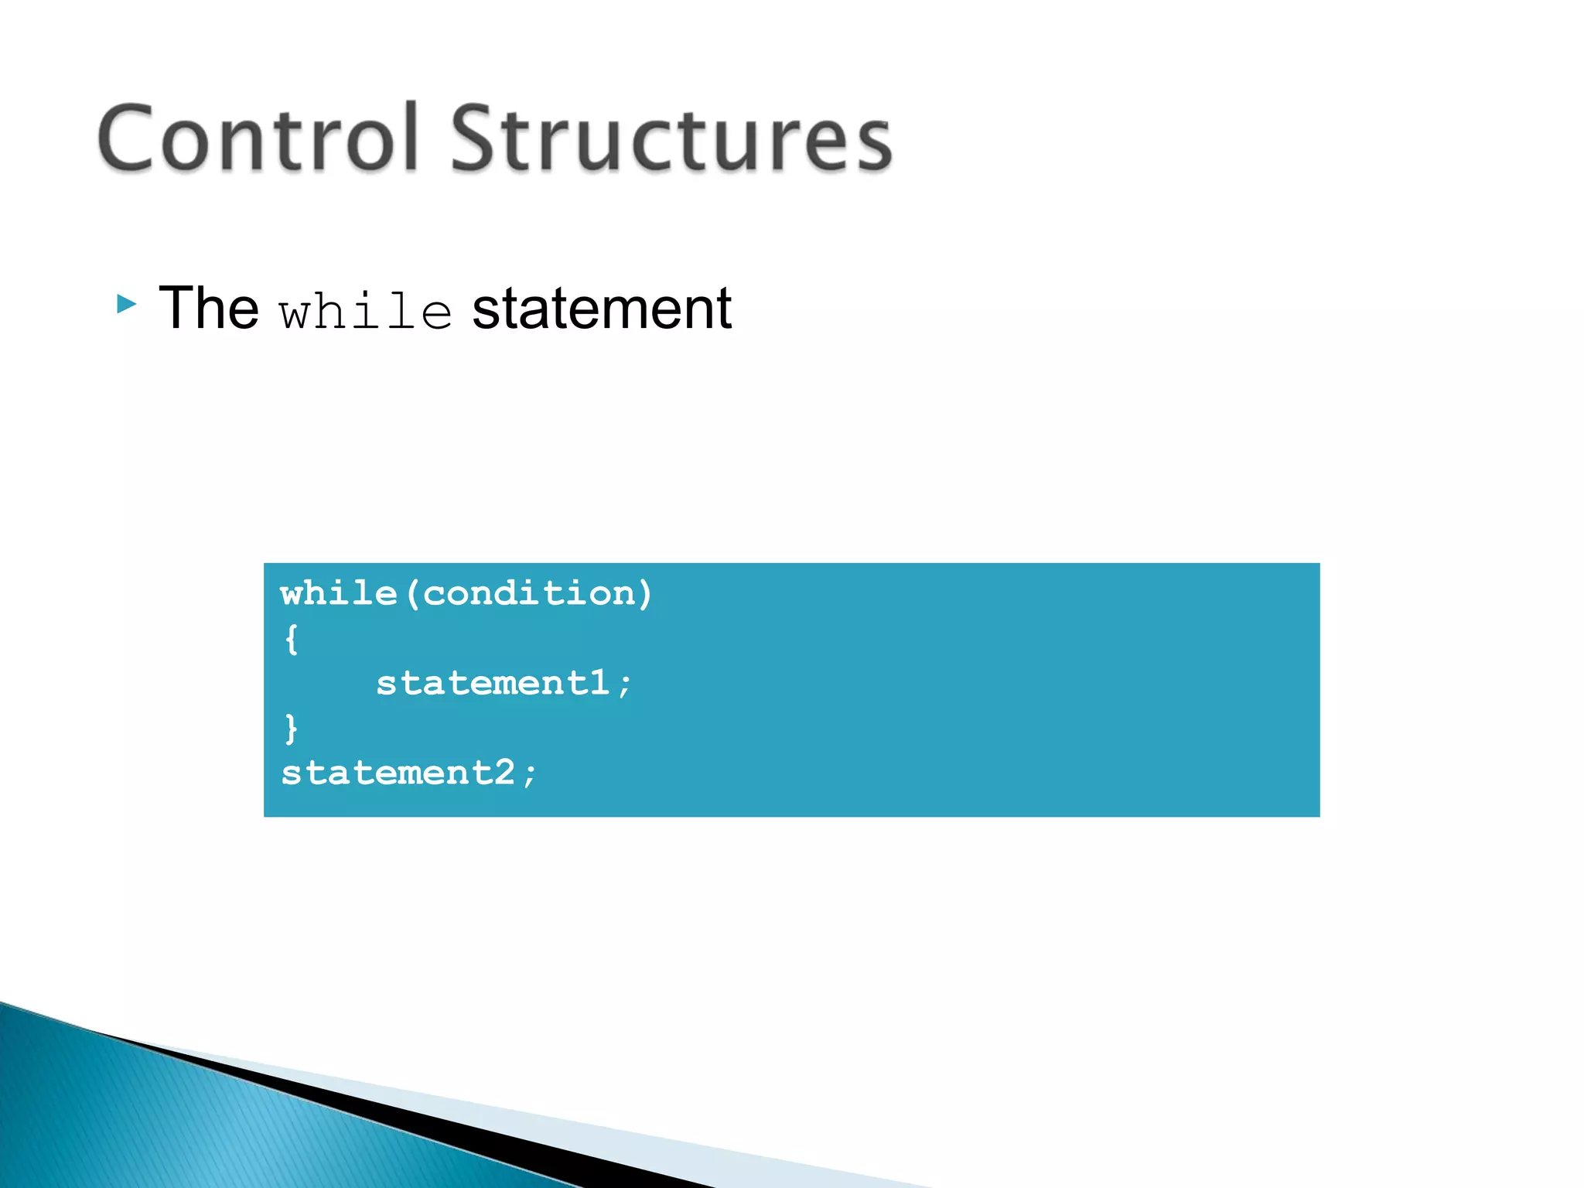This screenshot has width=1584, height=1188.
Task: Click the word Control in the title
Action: point(258,139)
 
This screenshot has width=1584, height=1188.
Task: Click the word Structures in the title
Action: point(671,139)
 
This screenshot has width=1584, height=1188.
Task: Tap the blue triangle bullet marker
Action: point(126,305)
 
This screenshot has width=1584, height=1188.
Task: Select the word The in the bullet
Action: point(208,309)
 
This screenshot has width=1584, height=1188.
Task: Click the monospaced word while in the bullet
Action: point(366,312)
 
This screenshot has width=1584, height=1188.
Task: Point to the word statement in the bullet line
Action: point(602,309)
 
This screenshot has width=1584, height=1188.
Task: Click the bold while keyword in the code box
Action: point(339,594)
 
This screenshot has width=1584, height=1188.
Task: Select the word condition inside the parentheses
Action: point(529,594)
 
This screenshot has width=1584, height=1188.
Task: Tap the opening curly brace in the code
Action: point(291,640)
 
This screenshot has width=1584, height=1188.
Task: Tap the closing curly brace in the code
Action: point(291,729)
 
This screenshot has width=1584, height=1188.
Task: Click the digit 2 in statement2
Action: point(504,773)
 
